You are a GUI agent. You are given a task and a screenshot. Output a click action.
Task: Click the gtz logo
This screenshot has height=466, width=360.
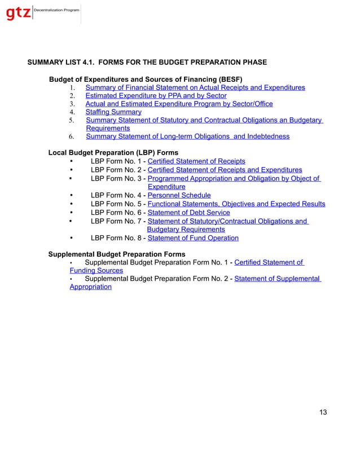pyautogui.click(x=18, y=14)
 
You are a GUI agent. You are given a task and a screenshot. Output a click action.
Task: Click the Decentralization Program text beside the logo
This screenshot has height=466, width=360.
pyautogui.click(x=56, y=11)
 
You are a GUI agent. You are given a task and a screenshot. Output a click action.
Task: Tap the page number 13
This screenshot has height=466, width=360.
pyautogui.click(x=323, y=412)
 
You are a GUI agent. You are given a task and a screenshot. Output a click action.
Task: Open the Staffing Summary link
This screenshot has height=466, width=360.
pyautogui.click(x=113, y=112)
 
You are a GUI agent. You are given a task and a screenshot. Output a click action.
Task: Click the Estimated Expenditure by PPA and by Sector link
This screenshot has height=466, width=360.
pyautogui.click(x=156, y=96)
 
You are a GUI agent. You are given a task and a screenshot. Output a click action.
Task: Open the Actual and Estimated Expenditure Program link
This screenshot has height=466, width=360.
pyautogui.click(x=179, y=104)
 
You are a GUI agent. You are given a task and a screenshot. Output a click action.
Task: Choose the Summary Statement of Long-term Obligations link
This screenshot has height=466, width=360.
pyautogui.click(x=187, y=137)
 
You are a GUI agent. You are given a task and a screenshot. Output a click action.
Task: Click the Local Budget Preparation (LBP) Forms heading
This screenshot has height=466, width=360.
pyautogui.click(x=113, y=153)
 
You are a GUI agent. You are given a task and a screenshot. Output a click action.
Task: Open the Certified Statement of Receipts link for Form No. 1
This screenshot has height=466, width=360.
pyautogui.click(x=196, y=161)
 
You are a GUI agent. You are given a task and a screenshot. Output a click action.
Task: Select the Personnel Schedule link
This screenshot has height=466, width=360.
pyautogui.click(x=179, y=195)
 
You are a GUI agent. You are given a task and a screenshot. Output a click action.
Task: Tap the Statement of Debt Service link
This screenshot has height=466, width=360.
pyautogui.click(x=188, y=213)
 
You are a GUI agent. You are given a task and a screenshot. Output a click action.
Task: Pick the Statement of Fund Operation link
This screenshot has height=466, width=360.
pyautogui.click(x=192, y=238)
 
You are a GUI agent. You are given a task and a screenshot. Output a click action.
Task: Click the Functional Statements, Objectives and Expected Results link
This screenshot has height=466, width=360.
pyautogui.click(x=236, y=204)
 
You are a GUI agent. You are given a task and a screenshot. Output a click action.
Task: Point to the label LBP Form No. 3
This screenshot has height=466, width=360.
pyautogui.click(x=116, y=179)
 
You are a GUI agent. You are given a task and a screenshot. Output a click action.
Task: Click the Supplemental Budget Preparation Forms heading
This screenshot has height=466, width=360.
pyautogui.click(x=117, y=254)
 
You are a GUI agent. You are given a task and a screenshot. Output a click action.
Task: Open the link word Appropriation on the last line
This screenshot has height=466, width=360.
pyautogui.click(x=90, y=287)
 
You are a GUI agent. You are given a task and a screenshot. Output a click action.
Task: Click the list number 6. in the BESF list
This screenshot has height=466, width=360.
pyautogui.click(x=72, y=137)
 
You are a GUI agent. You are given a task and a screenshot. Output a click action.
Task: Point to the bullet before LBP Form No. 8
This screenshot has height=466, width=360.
pyautogui.click(x=71, y=238)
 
